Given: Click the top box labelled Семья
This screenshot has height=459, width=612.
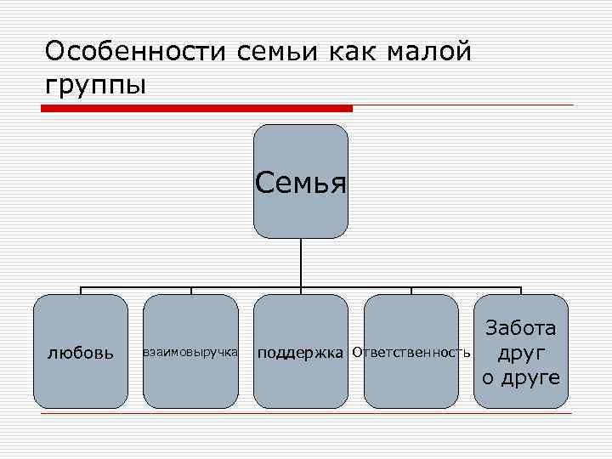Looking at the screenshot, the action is coord(301,181).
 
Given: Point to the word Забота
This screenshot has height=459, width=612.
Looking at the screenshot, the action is coord(521,328).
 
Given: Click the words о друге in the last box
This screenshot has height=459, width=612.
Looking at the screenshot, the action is coord(521,377).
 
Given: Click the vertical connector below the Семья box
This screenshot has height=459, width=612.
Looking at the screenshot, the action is coord(301,263).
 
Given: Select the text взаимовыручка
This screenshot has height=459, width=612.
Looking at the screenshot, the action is coord(190,351).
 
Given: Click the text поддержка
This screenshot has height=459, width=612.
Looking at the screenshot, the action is coord(301,352).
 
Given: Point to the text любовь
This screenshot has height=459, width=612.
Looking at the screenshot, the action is coord(81,352).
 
